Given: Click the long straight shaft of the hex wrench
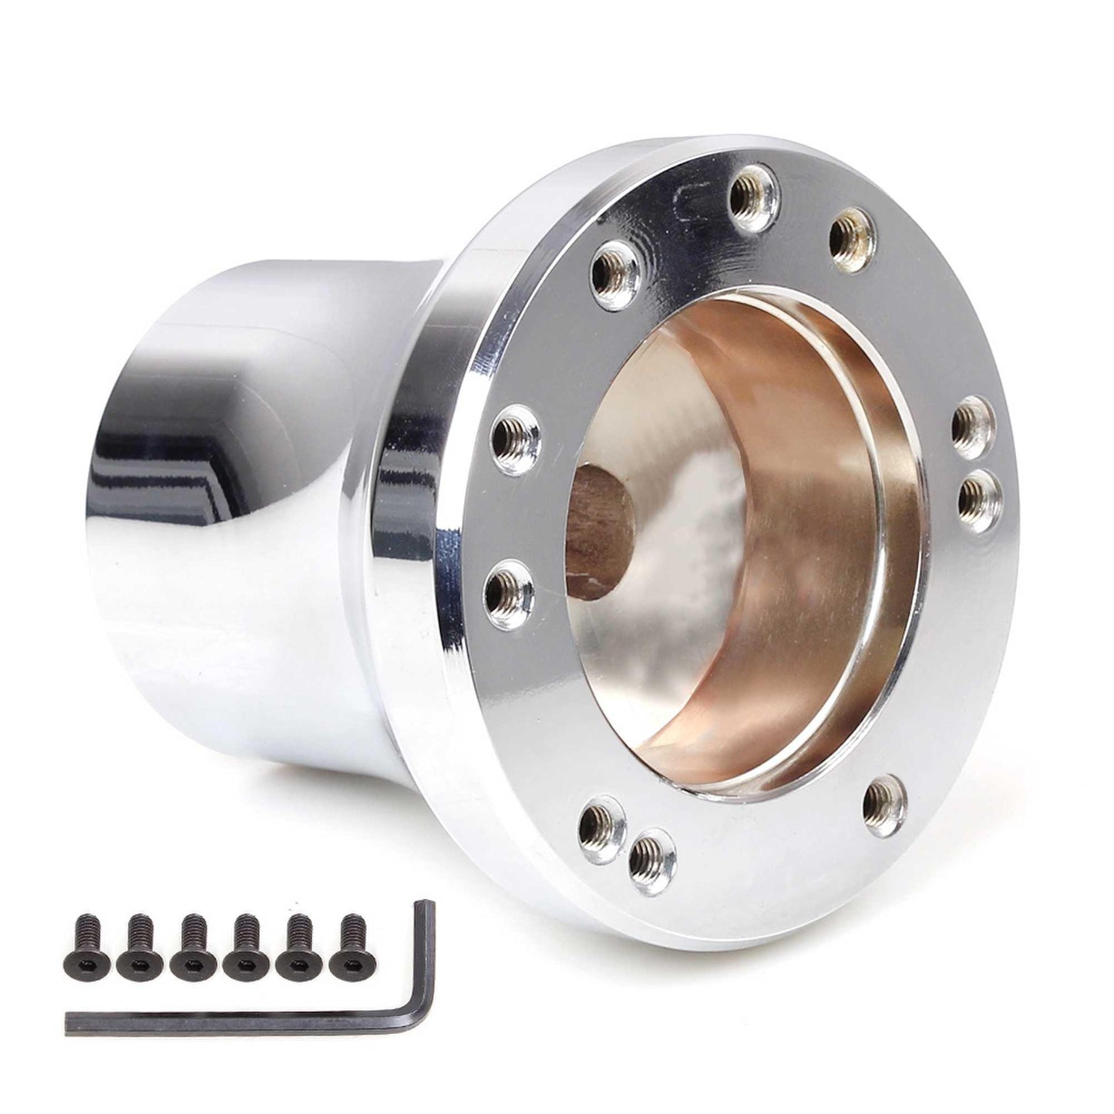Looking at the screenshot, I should (x=231, y=1017).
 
